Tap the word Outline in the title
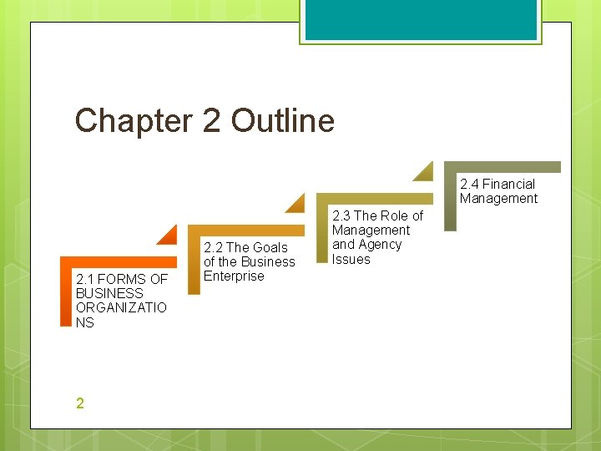click(283, 121)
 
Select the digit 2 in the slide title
click(212, 121)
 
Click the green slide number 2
click(79, 403)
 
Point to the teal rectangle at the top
click(421, 19)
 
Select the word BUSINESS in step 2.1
click(109, 293)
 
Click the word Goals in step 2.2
click(269, 247)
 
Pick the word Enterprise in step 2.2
click(234, 276)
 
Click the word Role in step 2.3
click(395, 215)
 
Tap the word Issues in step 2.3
click(351, 259)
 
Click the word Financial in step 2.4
click(508, 184)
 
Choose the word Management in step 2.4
click(498, 198)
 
